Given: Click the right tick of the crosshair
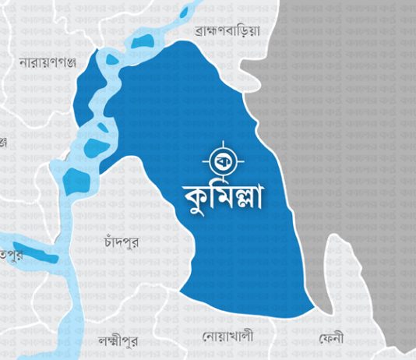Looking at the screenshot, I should pyautogui.click(x=238, y=160).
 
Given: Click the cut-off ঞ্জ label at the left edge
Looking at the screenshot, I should pyautogui.click(x=3, y=142).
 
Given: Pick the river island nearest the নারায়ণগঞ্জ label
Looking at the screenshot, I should pyautogui.click(x=113, y=58).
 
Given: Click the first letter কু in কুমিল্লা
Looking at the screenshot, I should pyautogui.click(x=196, y=196).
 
